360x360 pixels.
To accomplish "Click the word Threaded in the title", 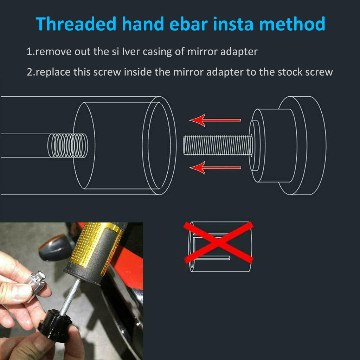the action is click(76, 24).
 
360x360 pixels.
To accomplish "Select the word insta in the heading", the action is click(233, 24).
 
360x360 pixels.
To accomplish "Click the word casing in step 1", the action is click(157, 52).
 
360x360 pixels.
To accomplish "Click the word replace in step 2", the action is click(53, 73).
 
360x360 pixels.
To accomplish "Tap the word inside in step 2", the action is click(137, 72).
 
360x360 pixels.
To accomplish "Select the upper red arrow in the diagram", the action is click(215, 120).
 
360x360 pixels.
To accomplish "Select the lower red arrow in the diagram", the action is click(215, 168).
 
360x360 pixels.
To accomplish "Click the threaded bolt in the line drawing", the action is click(218, 145).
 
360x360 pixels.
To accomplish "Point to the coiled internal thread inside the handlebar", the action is click(68, 146).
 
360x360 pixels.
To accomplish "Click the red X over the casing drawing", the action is click(218, 242).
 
